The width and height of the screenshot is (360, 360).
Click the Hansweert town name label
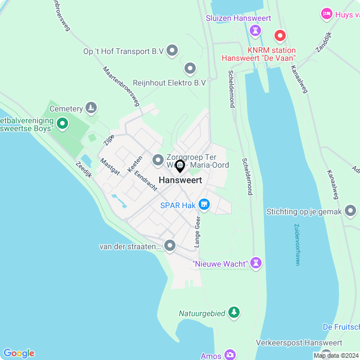pyautogui.click(x=180, y=180)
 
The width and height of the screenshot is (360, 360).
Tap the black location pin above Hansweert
pyautogui.click(x=180, y=166)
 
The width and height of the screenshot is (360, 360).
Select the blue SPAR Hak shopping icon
pyautogui.click(x=204, y=205)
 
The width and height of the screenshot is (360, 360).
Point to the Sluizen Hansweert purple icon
pyautogui.click(x=258, y=30)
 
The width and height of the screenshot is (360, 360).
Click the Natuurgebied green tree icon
pyautogui.click(x=234, y=313)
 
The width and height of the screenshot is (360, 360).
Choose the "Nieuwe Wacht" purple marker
pyautogui.click(x=256, y=263)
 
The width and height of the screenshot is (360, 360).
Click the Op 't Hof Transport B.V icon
pyautogui.click(x=173, y=51)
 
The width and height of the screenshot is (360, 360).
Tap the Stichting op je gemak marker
pyautogui.click(x=351, y=211)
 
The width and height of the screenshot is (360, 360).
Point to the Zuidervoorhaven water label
pyautogui.click(x=297, y=245)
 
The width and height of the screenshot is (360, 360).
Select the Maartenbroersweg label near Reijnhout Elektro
pyautogui.click(x=121, y=86)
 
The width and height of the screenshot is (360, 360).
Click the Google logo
pyautogui.click(x=18, y=353)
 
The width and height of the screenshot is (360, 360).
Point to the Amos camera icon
pyautogui.click(x=229, y=355)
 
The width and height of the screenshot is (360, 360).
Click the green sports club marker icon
pyautogui.click(x=62, y=123)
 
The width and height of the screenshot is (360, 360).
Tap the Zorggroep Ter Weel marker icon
pyautogui.click(x=157, y=160)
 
